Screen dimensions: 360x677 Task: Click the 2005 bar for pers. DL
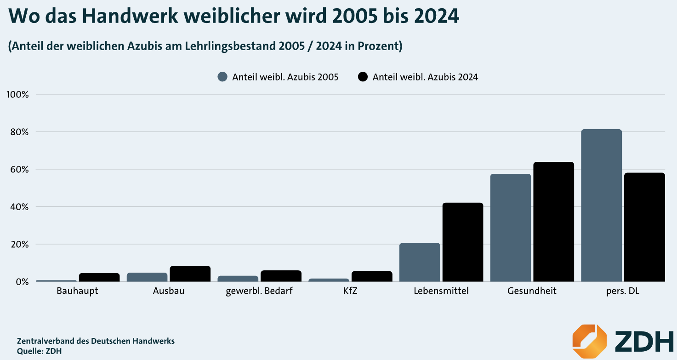coord(601,206)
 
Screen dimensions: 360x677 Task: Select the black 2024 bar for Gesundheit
coord(554,222)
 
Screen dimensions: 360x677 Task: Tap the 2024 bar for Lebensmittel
coord(463,242)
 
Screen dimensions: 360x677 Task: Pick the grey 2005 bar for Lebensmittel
coord(420,262)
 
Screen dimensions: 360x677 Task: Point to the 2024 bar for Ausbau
coord(190,274)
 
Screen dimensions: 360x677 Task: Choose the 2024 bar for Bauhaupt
coord(99,277)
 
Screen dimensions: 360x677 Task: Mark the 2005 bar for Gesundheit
coord(510,228)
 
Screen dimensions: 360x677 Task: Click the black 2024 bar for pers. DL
coord(644,227)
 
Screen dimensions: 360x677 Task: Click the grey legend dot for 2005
coord(223,77)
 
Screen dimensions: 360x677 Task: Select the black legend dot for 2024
coord(363,77)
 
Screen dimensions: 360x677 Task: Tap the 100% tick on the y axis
coord(18,95)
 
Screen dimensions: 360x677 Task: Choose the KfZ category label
coord(350,291)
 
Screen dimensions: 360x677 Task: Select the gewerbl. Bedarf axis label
coord(259,291)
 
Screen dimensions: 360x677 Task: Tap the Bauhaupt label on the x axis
coord(77,291)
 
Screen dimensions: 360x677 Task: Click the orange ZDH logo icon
coord(589,342)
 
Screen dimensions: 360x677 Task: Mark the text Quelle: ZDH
coord(39,351)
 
